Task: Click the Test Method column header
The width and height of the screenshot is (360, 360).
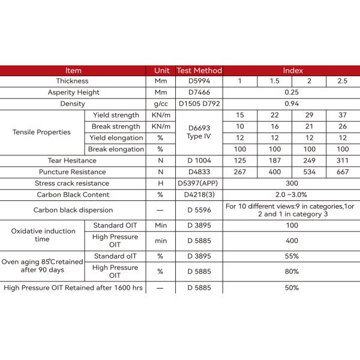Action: point(199,70)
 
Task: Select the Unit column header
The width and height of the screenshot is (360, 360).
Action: point(160,70)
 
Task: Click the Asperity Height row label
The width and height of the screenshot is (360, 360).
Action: point(73,92)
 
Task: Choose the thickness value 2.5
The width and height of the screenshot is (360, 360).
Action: point(343,81)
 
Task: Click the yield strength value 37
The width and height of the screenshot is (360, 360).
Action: point(343,115)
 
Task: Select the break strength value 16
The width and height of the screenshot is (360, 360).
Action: point(274,127)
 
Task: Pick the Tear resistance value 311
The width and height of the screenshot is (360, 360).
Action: point(343,160)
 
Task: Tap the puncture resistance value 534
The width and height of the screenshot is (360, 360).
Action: point(309,172)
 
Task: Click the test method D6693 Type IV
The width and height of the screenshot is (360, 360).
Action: point(199,132)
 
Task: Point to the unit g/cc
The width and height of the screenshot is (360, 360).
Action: point(160,104)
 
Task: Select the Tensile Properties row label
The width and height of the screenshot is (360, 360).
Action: point(41,132)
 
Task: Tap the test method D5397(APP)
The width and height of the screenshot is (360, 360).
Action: point(199,183)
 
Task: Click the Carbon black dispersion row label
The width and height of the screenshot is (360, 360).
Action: point(73,211)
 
